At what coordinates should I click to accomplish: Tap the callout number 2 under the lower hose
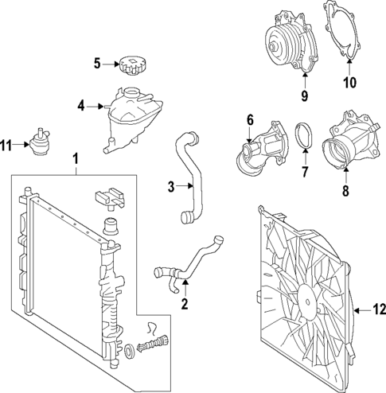tap(185, 303)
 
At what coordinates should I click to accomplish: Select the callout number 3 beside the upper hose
tap(171, 187)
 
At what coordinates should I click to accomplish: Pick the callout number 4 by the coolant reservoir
tap(80, 105)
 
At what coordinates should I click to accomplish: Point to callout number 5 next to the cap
tap(98, 64)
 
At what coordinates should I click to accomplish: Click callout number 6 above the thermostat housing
tap(250, 119)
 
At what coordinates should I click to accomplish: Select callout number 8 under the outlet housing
tap(345, 191)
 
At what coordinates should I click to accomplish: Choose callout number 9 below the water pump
tap(302, 98)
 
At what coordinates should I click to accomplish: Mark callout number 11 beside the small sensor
tap(7, 145)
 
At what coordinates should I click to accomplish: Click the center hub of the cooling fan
tap(306, 294)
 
